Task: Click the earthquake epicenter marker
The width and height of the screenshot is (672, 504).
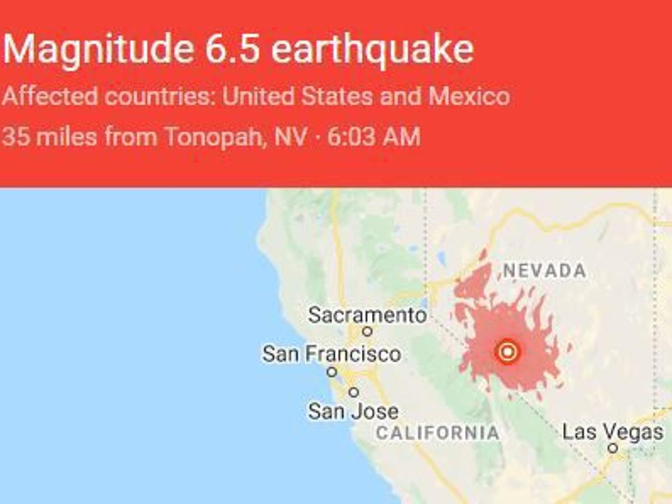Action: (x=507, y=352)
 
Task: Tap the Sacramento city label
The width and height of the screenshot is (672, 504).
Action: (x=367, y=315)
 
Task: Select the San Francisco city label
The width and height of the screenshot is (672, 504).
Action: (x=332, y=354)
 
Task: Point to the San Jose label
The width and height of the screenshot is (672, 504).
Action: (x=353, y=412)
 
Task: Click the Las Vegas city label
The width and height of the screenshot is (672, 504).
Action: (x=613, y=432)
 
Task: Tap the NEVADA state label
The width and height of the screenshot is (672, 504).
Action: (x=545, y=271)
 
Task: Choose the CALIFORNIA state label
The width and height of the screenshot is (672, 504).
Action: (x=438, y=432)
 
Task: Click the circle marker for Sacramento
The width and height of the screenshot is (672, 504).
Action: (x=367, y=332)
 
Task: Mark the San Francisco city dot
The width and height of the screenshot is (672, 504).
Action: (x=332, y=372)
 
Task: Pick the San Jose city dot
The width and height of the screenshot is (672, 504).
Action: (x=353, y=392)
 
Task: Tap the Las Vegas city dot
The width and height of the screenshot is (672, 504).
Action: (x=613, y=448)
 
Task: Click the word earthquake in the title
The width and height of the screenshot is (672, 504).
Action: (x=372, y=50)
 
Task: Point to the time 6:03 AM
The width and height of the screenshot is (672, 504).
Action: (x=374, y=137)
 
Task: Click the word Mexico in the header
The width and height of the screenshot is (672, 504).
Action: (x=469, y=96)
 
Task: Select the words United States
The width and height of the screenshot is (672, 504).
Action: (x=297, y=96)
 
